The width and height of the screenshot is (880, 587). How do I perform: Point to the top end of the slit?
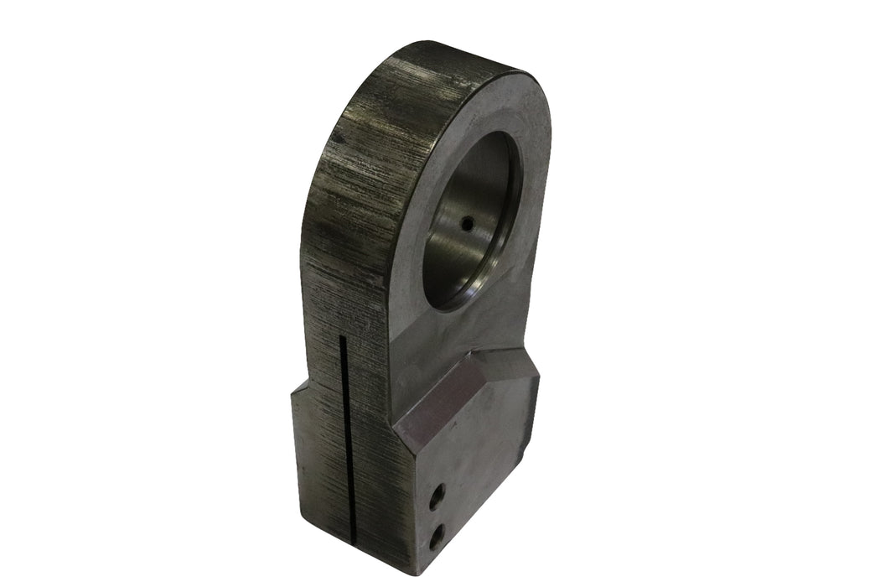342,338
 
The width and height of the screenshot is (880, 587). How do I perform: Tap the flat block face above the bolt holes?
469,444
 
